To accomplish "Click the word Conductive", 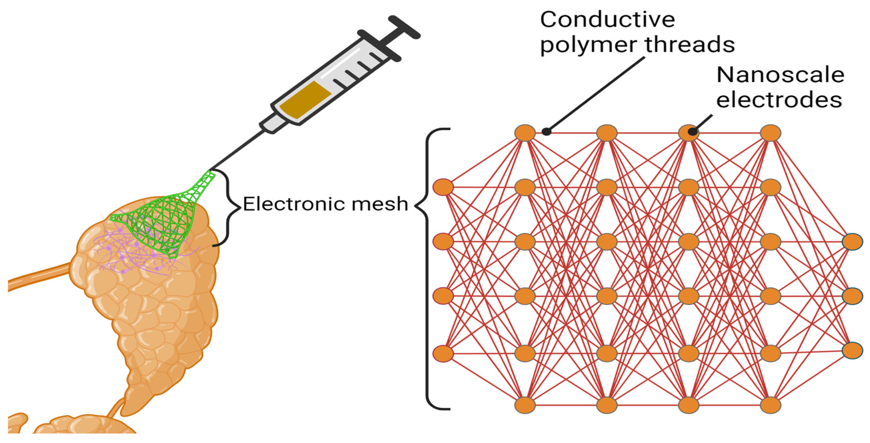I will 607,20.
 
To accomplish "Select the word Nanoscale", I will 780,75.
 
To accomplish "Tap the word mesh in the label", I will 380,204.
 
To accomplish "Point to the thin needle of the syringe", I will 237,150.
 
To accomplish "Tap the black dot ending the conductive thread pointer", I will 546,132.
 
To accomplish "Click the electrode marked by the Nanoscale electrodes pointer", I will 689,133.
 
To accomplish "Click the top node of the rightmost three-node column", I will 852,242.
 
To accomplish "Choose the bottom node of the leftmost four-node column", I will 443,354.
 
